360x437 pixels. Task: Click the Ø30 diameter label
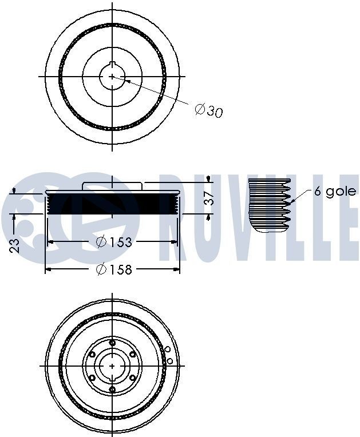click(x=208, y=110)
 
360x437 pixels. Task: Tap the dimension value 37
click(x=210, y=198)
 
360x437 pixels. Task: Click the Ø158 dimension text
click(x=113, y=269)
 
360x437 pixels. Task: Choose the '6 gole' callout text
click(x=335, y=192)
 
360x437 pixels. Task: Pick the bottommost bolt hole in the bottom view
click(x=112, y=390)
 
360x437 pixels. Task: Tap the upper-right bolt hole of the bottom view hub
click(x=133, y=354)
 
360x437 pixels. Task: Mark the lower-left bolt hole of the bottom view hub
click(x=92, y=378)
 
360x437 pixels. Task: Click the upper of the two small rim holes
click(x=168, y=349)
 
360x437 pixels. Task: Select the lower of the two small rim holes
click(x=170, y=360)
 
